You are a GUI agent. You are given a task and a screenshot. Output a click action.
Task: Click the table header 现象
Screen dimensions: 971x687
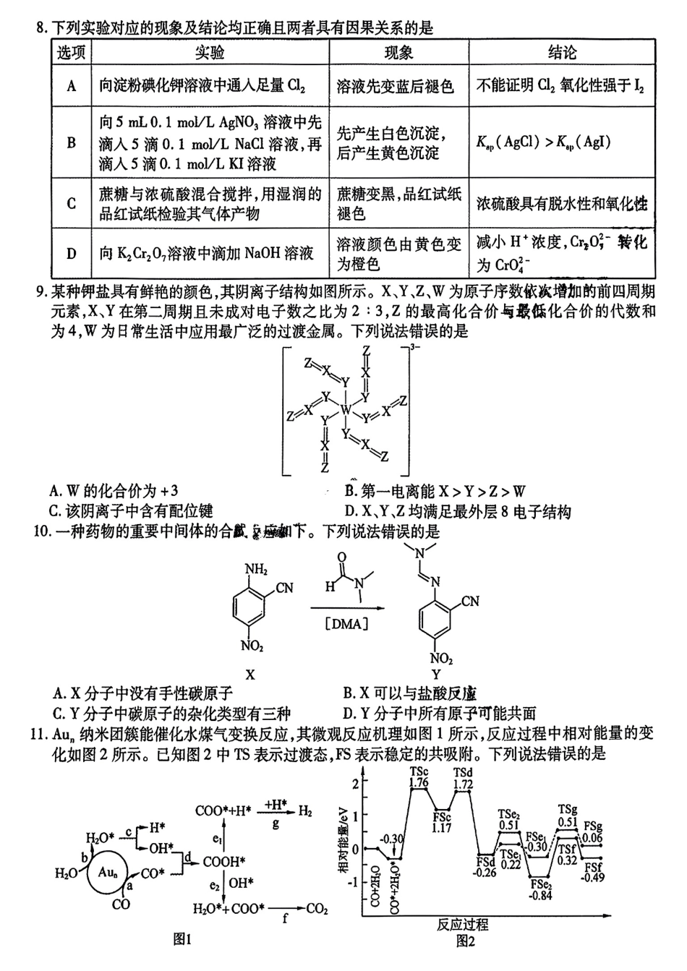pos(398,53)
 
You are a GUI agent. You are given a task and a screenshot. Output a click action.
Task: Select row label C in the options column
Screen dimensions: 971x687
pos(71,203)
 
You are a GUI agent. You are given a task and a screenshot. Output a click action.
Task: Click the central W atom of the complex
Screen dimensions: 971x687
pos(346,411)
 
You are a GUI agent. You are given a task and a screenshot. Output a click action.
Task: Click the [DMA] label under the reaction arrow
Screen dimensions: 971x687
pos(347,623)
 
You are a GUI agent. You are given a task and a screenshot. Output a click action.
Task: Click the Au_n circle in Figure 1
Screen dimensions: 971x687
pos(104,873)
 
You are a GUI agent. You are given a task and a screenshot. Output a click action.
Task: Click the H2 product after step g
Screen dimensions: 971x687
pos(306,811)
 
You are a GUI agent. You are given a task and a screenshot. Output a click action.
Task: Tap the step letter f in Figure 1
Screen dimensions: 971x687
pos(286,920)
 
